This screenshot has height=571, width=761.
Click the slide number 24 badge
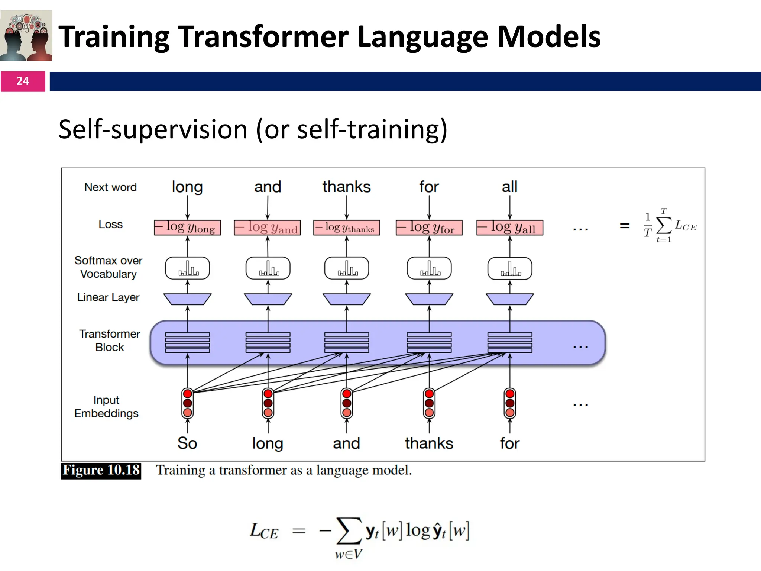click(x=23, y=81)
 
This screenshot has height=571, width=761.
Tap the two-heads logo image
click(x=26, y=36)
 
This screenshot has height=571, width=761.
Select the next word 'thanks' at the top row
click(x=346, y=187)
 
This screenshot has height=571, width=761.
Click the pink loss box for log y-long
click(x=187, y=228)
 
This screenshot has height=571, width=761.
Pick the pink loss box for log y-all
click(x=509, y=228)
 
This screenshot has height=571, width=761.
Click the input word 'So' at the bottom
click(x=187, y=443)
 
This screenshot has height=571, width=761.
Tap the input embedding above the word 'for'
click(x=509, y=403)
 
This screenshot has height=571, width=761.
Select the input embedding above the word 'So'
click(x=187, y=403)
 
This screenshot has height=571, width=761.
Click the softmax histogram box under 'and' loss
click(x=268, y=268)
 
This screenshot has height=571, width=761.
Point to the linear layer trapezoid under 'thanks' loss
click(x=346, y=299)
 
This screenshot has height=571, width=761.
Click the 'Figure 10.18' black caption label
click(x=101, y=470)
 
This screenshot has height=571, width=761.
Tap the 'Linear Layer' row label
click(x=108, y=297)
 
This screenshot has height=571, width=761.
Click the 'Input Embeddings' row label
click(x=106, y=407)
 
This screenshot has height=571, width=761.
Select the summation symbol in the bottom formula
click(x=348, y=531)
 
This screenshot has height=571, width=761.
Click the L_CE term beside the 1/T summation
click(x=686, y=226)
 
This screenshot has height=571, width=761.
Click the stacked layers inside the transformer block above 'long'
click(x=268, y=342)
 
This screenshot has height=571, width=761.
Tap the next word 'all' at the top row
click(x=509, y=187)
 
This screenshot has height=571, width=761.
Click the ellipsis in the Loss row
click(x=580, y=229)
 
